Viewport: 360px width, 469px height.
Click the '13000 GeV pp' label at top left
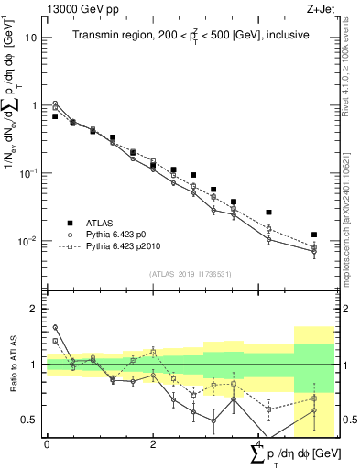tap(79, 8)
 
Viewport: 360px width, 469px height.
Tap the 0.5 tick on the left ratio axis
tap(30, 420)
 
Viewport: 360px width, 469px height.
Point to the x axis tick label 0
tap(46, 444)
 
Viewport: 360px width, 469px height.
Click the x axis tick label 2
tap(152, 444)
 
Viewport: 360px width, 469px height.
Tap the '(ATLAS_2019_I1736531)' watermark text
tap(190, 274)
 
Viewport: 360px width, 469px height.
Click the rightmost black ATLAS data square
tap(314, 235)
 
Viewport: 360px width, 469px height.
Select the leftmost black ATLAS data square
tap(55, 116)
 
